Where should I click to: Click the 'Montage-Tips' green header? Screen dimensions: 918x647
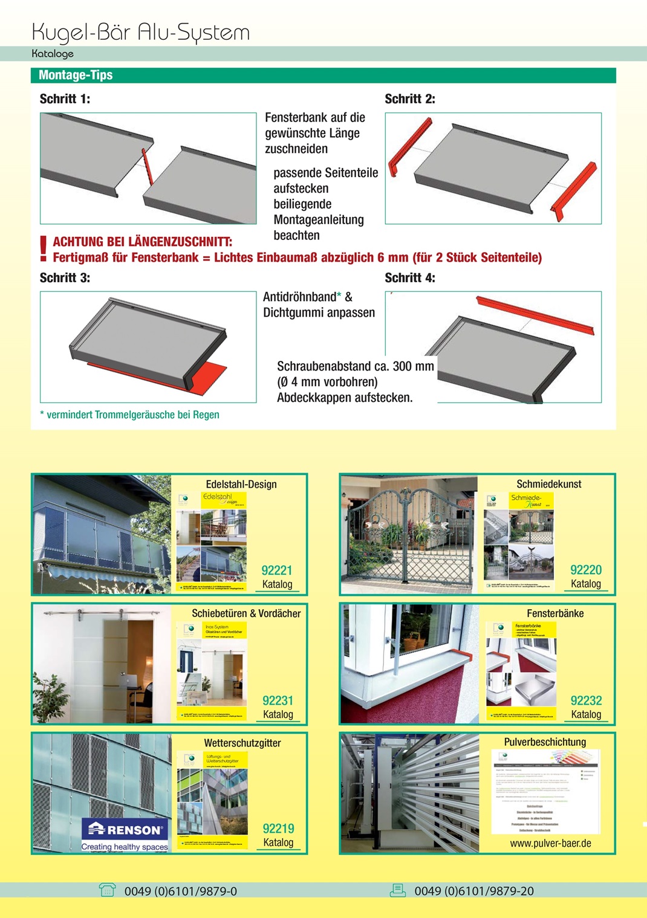[x=76, y=75]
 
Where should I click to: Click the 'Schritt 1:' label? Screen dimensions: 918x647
[x=65, y=99]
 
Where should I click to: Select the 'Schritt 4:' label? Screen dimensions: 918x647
[x=410, y=278]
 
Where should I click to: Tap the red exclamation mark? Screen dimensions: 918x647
[x=43, y=248]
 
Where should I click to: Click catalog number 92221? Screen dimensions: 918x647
[x=277, y=571]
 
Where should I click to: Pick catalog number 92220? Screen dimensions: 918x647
[x=586, y=570]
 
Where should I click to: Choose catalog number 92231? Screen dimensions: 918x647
[x=278, y=700]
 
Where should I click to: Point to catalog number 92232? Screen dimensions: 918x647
[x=586, y=700]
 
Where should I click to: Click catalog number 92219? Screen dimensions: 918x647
[x=278, y=829]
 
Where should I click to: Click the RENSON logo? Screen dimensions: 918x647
[x=126, y=829]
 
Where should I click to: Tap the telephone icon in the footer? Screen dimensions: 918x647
[x=107, y=890]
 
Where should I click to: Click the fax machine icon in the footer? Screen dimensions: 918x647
[x=397, y=890]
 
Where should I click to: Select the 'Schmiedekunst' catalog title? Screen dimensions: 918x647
[x=548, y=484]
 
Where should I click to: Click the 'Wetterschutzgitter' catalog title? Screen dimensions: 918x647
[x=242, y=743]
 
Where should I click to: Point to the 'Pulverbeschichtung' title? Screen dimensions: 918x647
[x=545, y=742]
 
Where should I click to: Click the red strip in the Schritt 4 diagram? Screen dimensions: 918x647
[x=535, y=315]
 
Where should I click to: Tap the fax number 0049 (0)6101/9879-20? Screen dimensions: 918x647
[x=474, y=891]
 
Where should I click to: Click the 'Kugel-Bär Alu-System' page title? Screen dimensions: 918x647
[x=140, y=31]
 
